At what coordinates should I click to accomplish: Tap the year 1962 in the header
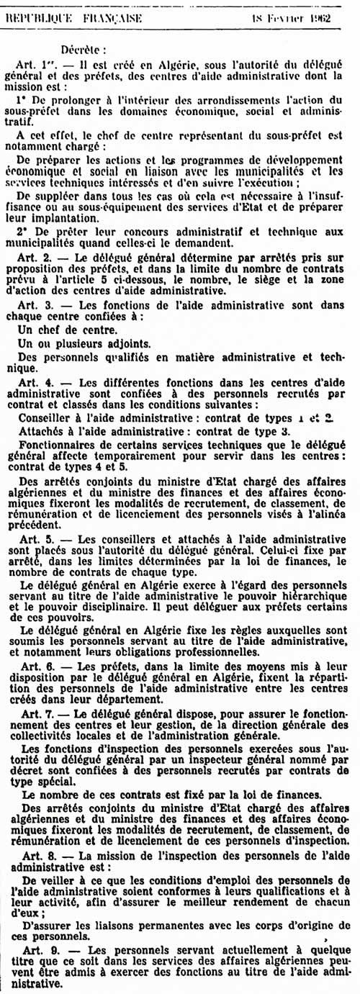[317, 17]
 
